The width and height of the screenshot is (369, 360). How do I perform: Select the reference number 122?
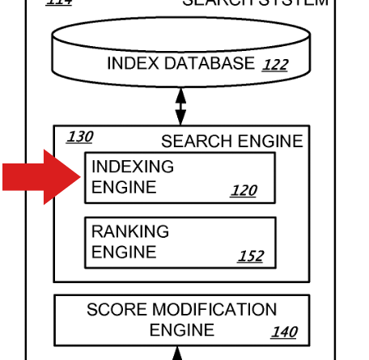click(274, 65)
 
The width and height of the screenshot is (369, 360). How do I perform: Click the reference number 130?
click(79, 137)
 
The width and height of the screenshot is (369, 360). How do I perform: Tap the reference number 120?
click(243, 191)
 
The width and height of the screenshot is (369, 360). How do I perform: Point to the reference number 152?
click(250, 256)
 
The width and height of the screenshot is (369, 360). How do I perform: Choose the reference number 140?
click(284, 332)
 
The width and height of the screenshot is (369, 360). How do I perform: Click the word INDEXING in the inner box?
click(133, 167)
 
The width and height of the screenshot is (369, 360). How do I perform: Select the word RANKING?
click(129, 231)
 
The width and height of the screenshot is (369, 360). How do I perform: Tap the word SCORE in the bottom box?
click(115, 310)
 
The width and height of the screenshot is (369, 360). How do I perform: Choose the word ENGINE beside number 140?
click(181, 330)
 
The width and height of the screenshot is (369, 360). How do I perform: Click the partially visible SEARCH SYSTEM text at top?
click(255, 3)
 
